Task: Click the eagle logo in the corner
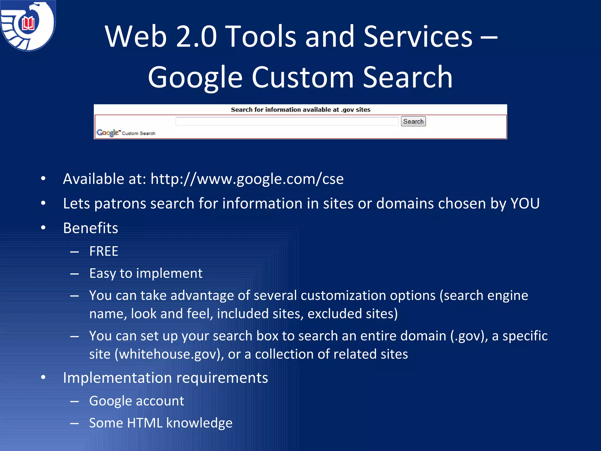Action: (x=28, y=26)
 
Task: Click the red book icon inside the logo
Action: (x=28, y=23)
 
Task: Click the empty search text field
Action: (x=287, y=121)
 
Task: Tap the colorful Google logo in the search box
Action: (x=107, y=133)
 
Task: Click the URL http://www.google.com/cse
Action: (x=247, y=179)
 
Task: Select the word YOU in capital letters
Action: (x=525, y=203)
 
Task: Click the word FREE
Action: (x=104, y=251)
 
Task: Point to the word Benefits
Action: (x=90, y=228)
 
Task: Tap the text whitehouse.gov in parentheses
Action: (x=168, y=354)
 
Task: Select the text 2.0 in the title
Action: (x=196, y=36)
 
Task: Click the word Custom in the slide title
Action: (x=303, y=77)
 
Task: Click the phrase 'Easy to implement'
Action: (x=146, y=273)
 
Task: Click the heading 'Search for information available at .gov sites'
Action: (x=300, y=110)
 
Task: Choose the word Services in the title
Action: (x=418, y=36)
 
